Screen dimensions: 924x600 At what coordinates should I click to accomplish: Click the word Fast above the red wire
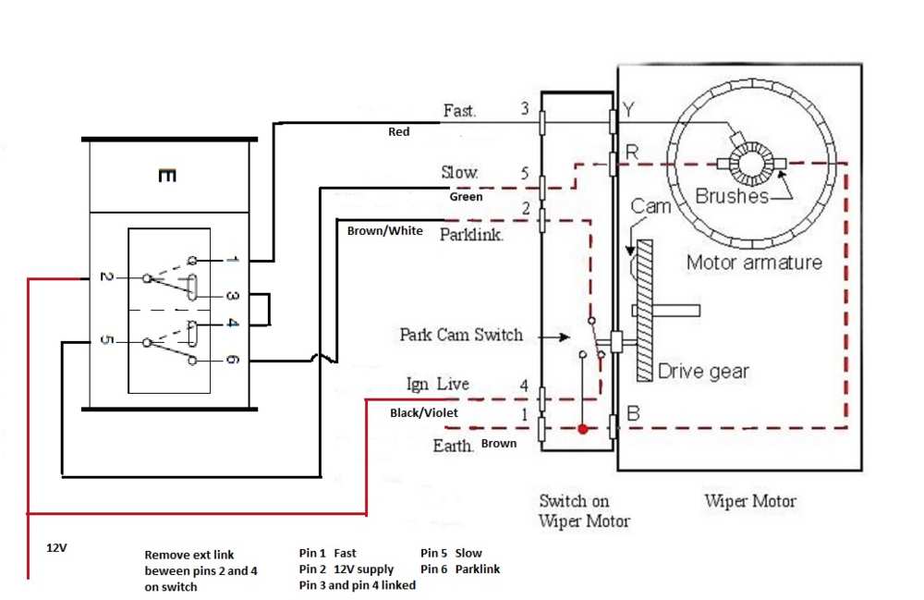coord(459,110)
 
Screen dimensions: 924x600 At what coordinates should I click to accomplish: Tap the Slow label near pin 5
coord(459,172)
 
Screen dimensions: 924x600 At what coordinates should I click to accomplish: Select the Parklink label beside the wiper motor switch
coord(471,235)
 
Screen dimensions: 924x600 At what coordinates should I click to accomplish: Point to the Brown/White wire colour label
coord(384,230)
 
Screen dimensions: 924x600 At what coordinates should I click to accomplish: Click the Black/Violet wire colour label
coord(424,412)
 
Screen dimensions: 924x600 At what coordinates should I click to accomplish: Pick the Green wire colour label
coord(466,196)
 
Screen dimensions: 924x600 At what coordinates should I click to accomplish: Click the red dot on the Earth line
coord(583,429)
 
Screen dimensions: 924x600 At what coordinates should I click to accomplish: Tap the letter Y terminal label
coord(628,110)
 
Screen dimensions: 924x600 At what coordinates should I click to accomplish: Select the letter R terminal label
coord(632,153)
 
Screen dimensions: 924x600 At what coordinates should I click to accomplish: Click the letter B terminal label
coord(633,413)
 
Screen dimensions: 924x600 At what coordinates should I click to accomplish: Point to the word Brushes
coord(732,196)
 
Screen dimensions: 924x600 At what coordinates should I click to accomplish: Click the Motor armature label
coord(754,262)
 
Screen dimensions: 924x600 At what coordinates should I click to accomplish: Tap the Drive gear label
coord(703,371)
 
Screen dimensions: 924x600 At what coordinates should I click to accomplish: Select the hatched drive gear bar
coord(645,311)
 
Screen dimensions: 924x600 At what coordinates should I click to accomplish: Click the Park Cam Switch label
coord(461,335)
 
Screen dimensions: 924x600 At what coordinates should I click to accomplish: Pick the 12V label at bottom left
coord(56,547)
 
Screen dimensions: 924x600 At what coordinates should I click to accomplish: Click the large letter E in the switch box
coord(167,175)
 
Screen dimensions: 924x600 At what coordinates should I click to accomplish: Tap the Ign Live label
coord(438,385)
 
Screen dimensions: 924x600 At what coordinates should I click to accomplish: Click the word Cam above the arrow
coord(650,206)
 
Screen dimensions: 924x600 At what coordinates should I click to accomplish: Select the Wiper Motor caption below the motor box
coord(750,501)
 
